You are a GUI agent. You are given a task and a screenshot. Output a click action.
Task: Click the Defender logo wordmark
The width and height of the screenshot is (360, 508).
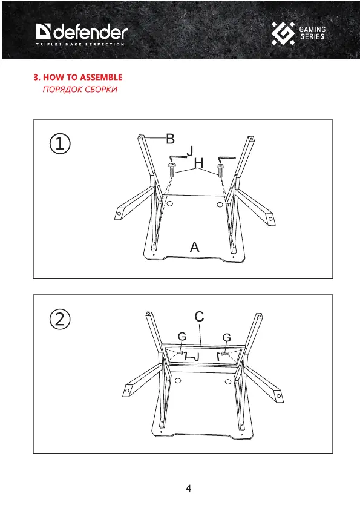(x=82, y=31)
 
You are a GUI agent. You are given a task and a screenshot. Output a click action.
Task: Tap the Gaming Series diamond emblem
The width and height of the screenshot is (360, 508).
(x=283, y=33)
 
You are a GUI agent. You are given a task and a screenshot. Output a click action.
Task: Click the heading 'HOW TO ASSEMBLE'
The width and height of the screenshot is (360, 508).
(x=82, y=77)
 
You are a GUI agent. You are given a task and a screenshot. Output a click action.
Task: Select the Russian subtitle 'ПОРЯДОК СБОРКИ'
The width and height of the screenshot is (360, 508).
(x=80, y=90)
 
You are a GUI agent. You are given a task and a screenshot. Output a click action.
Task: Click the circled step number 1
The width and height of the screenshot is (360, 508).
(x=60, y=144)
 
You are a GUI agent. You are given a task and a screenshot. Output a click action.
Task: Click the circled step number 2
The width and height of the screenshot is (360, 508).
(x=60, y=319)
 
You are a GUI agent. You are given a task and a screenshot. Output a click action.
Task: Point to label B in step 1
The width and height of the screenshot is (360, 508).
(x=170, y=139)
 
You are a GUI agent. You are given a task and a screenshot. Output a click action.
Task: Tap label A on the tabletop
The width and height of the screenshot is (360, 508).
(x=194, y=247)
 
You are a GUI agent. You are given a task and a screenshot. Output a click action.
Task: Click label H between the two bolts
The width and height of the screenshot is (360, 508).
(x=199, y=163)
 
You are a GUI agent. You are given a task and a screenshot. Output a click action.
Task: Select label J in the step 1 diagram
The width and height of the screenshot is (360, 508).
(x=191, y=151)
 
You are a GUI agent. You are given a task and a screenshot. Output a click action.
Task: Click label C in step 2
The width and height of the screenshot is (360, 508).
(x=200, y=317)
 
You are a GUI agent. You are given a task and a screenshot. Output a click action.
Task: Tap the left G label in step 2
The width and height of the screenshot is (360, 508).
(x=182, y=337)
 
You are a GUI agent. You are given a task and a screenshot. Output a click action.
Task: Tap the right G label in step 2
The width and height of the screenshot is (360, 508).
(x=227, y=338)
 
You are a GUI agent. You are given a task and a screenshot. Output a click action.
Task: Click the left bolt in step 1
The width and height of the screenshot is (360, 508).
(x=172, y=170)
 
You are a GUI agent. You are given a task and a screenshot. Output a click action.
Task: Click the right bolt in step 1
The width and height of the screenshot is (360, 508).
(x=220, y=171)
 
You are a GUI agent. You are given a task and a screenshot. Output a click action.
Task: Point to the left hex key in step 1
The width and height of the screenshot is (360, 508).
(x=177, y=157)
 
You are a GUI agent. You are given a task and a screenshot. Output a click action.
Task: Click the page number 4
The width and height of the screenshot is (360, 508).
(x=188, y=489)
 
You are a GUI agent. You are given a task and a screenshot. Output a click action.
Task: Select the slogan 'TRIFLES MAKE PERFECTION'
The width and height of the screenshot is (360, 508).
(x=80, y=44)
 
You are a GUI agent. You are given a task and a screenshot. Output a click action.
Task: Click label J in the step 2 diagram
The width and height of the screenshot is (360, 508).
(x=197, y=357)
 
